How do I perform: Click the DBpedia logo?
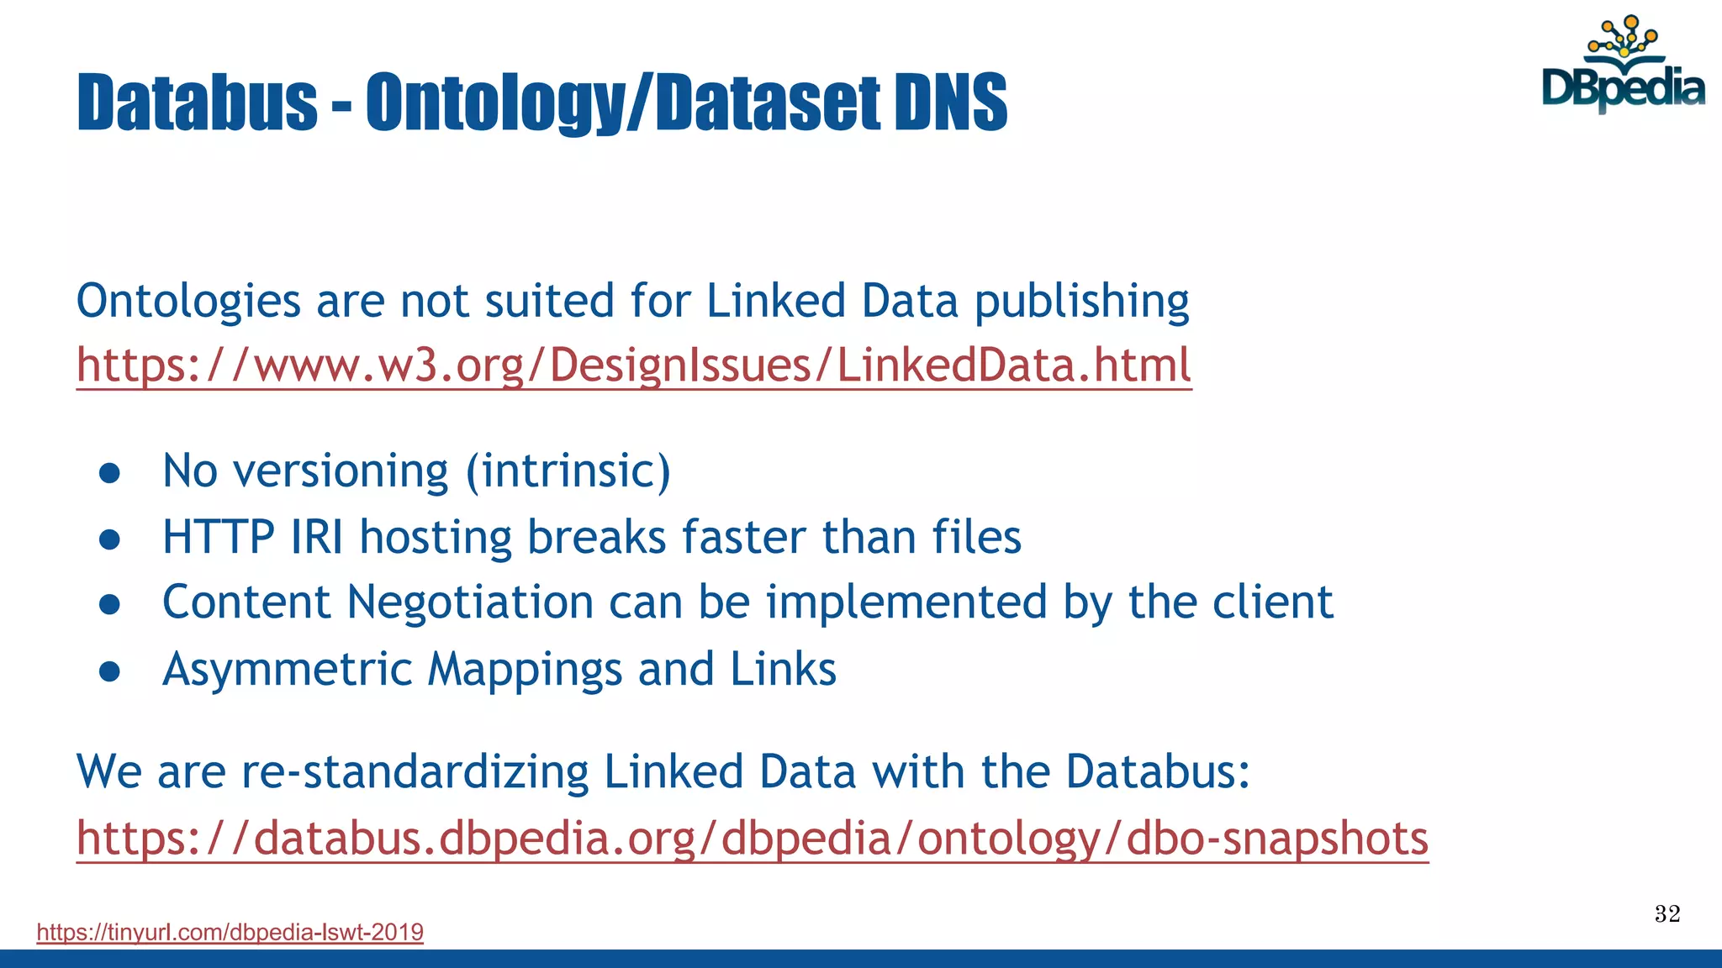(x=1623, y=67)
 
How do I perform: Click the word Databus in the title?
(x=197, y=103)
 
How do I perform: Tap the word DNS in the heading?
(x=950, y=103)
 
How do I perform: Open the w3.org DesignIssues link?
(x=634, y=366)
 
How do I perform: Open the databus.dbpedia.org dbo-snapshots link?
(x=752, y=839)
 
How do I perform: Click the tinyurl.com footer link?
(x=230, y=932)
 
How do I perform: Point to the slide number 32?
(x=1667, y=913)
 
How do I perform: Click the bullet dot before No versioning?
(x=110, y=472)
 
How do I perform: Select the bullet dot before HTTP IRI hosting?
(x=110, y=539)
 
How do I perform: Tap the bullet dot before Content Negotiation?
(x=110, y=604)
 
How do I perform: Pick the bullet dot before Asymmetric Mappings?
(x=110, y=671)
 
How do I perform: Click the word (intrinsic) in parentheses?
(x=568, y=471)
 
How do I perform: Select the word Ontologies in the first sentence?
(x=188, y=301)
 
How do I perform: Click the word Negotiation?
(x=470, y=602)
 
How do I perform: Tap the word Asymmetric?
(x=288, y=671)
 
